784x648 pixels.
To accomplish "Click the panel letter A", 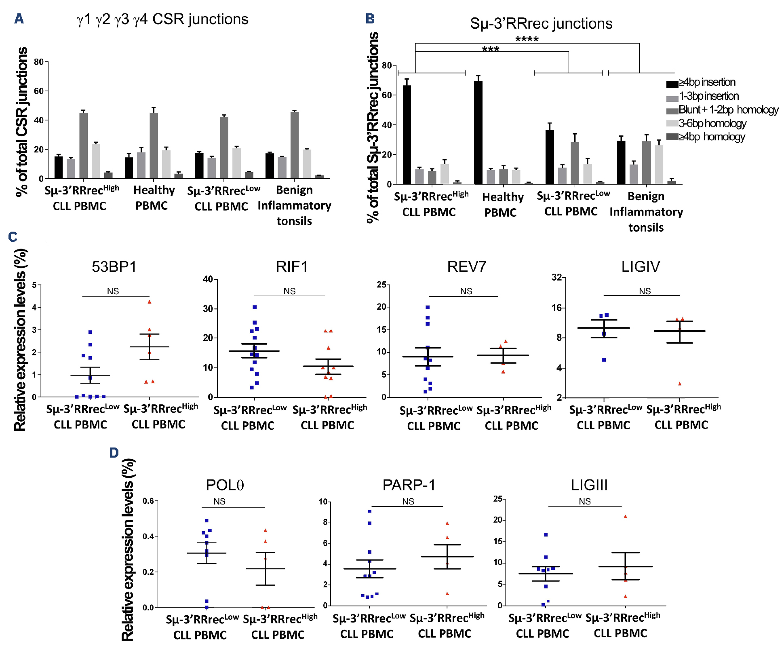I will (19, 19).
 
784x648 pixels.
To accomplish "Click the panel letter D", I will (114, 452).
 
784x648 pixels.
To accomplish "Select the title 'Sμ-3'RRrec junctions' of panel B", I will (541, 24).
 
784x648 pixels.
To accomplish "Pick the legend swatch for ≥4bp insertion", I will (672, 84).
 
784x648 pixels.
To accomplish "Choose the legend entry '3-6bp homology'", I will (712, 123).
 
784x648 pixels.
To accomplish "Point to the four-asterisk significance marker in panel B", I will (527, 39).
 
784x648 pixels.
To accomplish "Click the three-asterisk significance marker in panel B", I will (491, 49).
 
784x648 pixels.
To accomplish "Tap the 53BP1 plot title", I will (114, 267).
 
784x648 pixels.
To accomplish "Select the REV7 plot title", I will (466, 267).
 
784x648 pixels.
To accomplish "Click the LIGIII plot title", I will (589, 485).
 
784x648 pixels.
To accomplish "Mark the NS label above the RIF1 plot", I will (289, 291).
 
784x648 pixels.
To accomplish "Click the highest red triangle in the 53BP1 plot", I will (150, 302).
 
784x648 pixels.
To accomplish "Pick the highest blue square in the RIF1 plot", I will (255, 308).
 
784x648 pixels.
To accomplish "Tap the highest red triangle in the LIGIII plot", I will (625, 517).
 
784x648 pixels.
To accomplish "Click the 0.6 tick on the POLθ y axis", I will (148, 501).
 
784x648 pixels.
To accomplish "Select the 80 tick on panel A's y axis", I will (39, 62).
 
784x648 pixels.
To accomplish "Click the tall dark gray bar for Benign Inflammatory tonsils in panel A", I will (295, 145).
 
